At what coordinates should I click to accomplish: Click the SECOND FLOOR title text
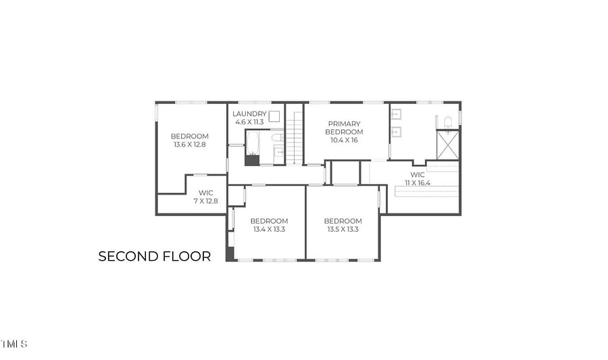(x=154, y=256)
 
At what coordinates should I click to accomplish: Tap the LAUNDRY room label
(x=249, y=114)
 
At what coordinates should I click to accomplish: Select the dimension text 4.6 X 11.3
(x=249, y=122)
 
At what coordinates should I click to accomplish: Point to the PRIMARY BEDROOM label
(x=344, y=128)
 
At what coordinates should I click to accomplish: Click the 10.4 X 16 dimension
(x=344, y=140)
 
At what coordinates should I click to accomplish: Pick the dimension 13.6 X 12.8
(x=190, y=145)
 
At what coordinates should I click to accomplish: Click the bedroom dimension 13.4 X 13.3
(x=269, y=230)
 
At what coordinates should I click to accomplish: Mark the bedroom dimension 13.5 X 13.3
(x=343, y=230)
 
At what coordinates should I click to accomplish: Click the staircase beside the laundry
(x=295, y=138)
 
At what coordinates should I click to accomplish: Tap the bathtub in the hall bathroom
(x=253, y=143)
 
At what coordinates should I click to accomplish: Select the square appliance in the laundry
(x=274, y=117)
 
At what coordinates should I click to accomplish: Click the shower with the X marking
(x=448, y=145)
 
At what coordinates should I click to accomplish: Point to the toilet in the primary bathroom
(x=448, y=122)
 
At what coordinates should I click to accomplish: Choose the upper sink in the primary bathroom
(x=396, y=115)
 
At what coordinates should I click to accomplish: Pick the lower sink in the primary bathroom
(x=396, y=132)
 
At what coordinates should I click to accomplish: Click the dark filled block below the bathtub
(x=253, y=161)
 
